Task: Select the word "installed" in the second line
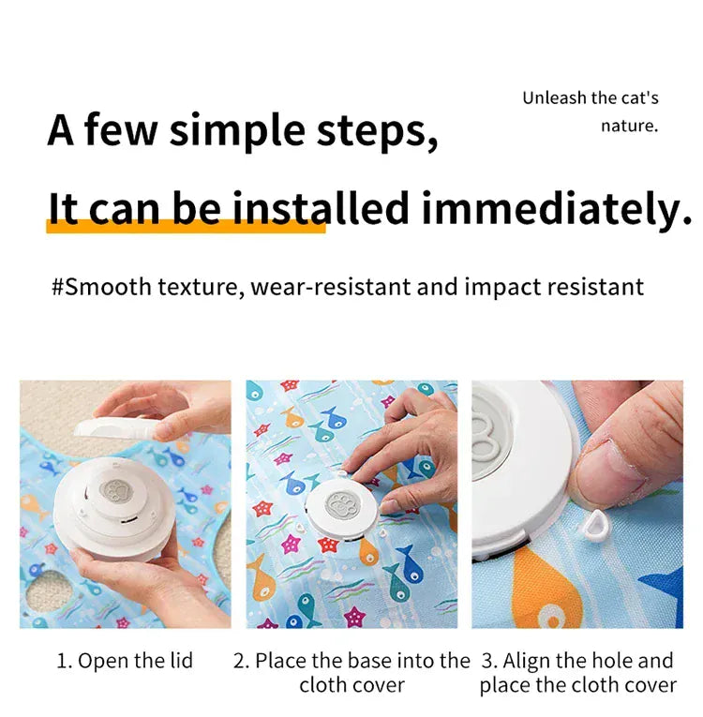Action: [321, 208]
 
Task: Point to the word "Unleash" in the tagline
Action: [555, 97]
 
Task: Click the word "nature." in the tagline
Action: [629, 125]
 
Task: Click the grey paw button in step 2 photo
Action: [343, 500]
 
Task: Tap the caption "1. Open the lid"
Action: [125, 661]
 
